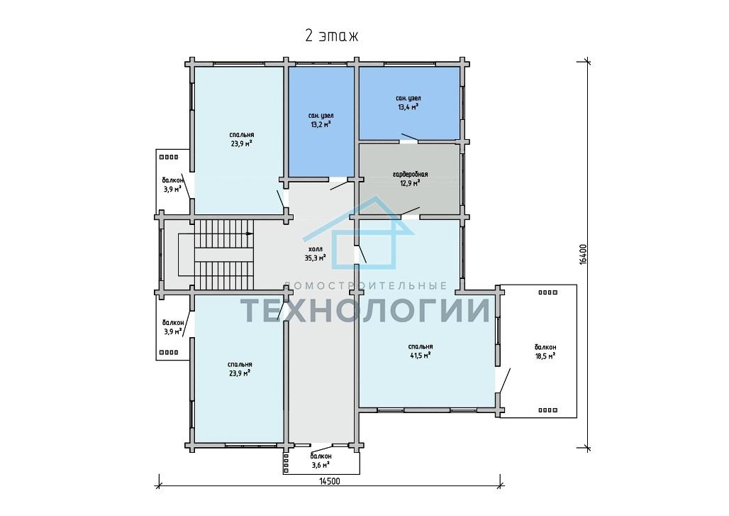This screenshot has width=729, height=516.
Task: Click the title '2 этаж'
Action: (331, 35)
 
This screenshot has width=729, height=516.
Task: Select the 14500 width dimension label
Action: (329, 481)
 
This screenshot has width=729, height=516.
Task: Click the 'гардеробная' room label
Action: (410, 175)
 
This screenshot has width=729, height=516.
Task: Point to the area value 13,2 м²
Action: (321, 125)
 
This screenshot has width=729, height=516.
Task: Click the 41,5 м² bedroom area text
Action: (420, 356)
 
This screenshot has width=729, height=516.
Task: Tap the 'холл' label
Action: (315, 249)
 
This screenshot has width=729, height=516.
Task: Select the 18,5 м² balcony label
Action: (545, 356)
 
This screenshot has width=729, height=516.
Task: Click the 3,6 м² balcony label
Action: (321, 465)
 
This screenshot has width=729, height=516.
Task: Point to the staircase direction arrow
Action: (248, 233)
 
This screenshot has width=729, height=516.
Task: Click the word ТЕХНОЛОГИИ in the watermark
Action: (365, 310)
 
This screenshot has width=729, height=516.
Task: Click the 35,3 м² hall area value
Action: (315, 258)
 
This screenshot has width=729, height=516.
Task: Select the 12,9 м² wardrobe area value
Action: (410, 183)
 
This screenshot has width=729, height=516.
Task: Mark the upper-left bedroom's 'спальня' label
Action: (241, 135)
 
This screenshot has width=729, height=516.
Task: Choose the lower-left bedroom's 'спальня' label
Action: (240, 365)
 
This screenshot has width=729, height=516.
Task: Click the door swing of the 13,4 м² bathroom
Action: (410, 137)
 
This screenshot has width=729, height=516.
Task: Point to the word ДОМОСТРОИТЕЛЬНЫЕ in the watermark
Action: (365, 285)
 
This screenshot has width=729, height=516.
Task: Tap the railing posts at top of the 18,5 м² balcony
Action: (547, 292)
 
